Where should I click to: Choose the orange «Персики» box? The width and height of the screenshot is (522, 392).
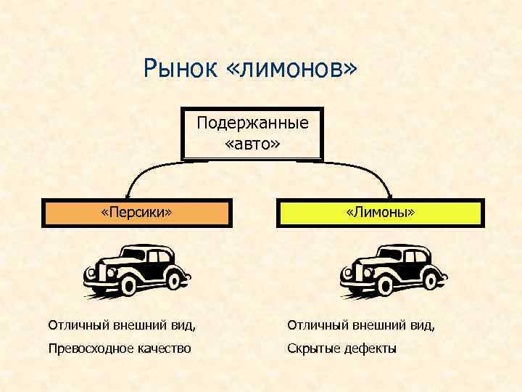click(136, 213)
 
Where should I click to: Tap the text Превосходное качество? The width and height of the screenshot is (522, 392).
click(120, 348)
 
